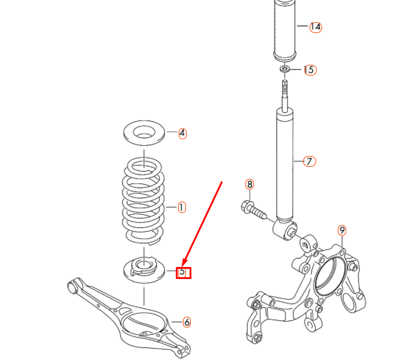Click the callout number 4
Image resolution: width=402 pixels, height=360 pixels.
(182, 133)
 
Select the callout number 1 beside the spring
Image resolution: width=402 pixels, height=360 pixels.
(181, 207)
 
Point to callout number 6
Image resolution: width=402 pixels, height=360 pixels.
(187, 323)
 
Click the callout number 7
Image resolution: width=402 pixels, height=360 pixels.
(309, 161)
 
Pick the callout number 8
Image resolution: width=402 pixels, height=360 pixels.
(250, 184)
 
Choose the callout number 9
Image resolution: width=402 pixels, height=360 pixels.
(341, 230)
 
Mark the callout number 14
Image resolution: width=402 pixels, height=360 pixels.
(316, 27)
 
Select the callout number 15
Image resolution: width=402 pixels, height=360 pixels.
(309, 70)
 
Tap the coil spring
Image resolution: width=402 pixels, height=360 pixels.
(143, 198)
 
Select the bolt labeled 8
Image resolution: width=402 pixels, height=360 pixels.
(254, 211)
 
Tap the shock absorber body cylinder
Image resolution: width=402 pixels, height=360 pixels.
(286, 162)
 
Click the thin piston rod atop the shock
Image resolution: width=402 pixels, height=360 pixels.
(286, 93)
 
